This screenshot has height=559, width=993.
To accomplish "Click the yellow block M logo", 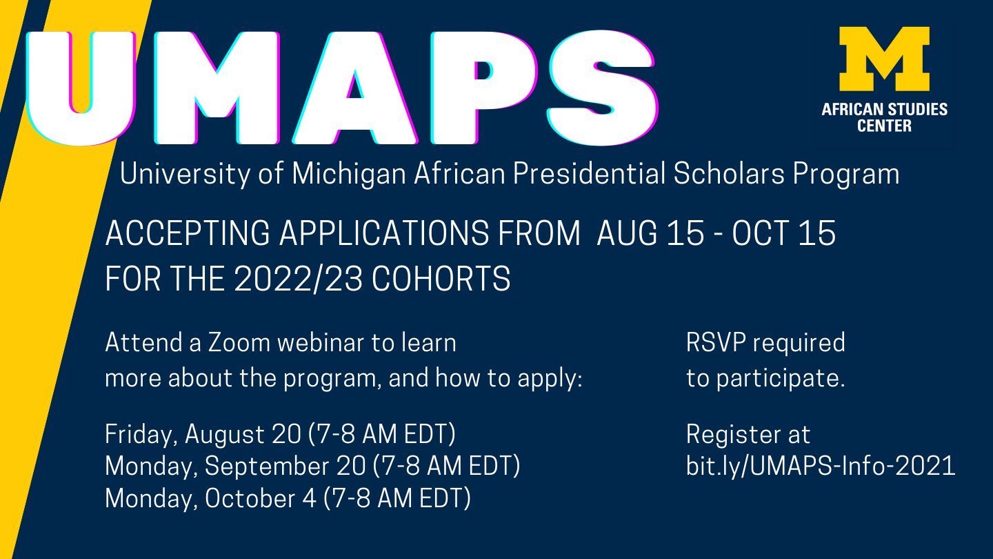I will pyautogui.click(x=883, y=60).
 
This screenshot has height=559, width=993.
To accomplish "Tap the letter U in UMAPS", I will pyautogui.click(x=81, y=86).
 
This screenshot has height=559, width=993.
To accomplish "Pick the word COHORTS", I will pyautogui.click(x=441, y=279).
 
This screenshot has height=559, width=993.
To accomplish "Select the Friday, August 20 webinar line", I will pyautogui.click(x=280, y=435).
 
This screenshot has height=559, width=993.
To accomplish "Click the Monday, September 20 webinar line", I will pyautogui.click(x=312, y=467).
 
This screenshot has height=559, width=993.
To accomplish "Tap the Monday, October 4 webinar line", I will pyautogui.click(x=288, y=498).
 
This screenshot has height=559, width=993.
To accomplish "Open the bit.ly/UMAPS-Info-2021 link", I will pyautogui.click(x=821, y=467).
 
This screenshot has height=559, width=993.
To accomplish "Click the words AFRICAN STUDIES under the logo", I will pyautogui.click(x=884, y=110).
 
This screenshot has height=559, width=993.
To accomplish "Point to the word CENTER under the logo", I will pyautogui.click(x=884, y=126).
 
